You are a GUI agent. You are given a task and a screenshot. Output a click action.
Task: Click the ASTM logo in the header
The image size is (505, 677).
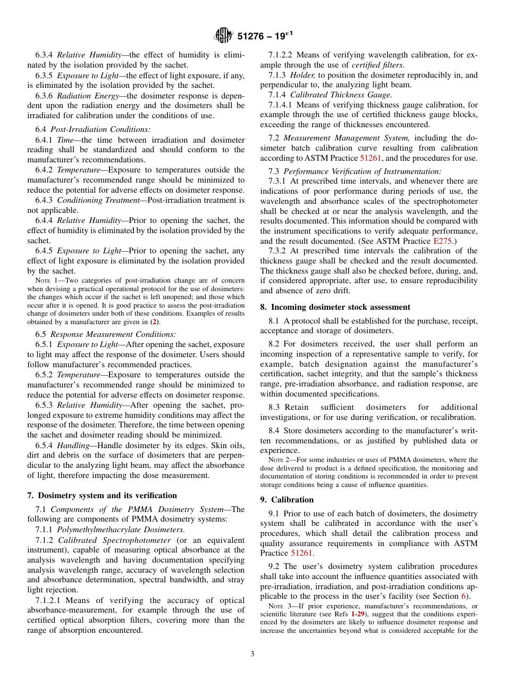[223, 36]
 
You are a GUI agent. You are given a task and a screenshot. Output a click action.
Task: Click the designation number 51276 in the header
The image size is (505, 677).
[252, 36]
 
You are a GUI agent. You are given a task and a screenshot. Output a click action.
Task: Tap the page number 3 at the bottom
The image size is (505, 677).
[252, 654]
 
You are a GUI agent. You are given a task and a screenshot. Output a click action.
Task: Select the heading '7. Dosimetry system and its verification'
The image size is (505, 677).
[102, 495]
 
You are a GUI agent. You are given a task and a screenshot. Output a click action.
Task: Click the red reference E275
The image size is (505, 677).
[443, 241]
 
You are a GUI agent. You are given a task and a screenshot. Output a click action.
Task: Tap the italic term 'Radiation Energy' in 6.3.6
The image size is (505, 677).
[81, 95]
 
